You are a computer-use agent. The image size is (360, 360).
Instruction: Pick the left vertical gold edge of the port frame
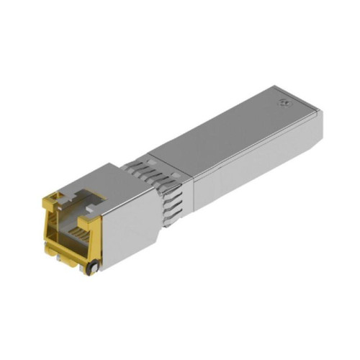point(48,223)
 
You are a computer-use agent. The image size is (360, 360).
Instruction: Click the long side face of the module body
point(245,162)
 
